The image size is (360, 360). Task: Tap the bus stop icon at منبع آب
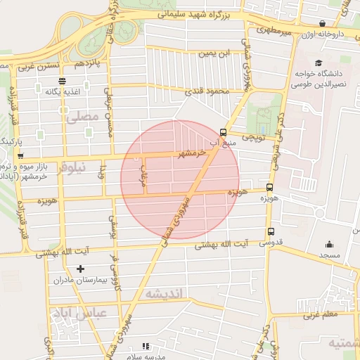(x=223, y=131)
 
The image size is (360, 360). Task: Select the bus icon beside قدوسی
(x=271, y=232)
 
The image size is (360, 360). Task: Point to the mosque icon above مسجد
(x=329, y=245)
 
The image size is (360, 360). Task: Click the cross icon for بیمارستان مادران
(x=80, y=269)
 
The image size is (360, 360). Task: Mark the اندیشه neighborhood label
(x=163, y=294)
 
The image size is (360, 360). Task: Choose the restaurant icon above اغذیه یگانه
(x=62, y=81)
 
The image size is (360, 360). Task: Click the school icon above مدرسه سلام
(x=146, y=346)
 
